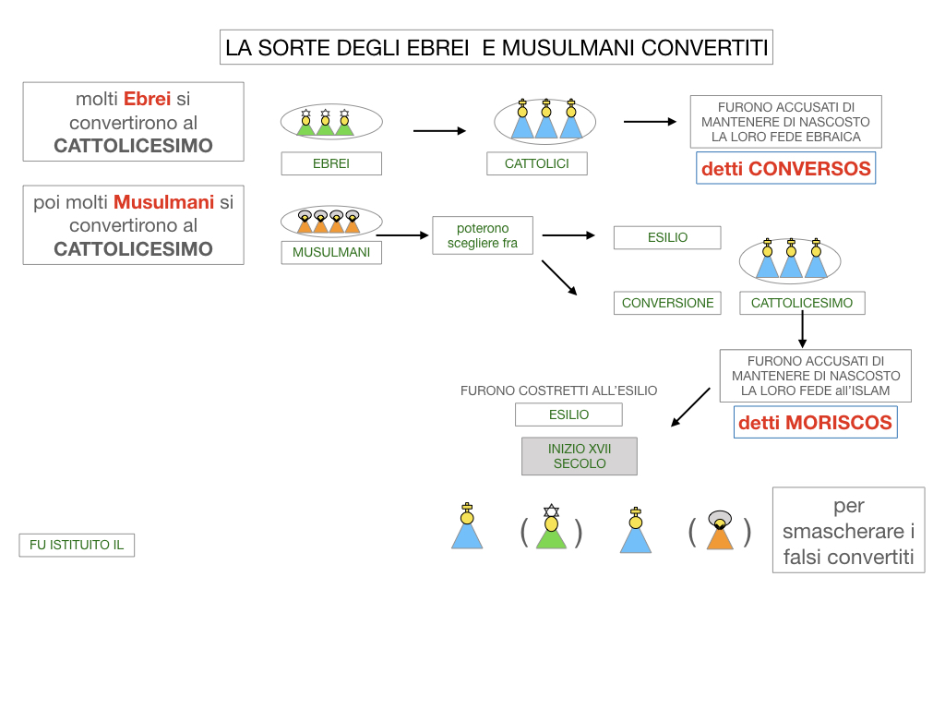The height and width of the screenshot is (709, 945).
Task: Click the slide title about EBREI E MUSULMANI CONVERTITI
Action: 496,48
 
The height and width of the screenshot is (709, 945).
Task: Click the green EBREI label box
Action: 331,164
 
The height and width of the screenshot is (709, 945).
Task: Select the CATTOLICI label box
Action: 537,164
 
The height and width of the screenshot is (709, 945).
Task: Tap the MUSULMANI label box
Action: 331,252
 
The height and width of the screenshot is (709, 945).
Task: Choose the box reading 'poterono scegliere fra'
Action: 483,236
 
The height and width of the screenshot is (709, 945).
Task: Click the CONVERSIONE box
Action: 667,303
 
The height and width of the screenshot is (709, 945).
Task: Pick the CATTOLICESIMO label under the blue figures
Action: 802,303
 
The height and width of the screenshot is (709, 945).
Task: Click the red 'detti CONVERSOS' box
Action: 785,169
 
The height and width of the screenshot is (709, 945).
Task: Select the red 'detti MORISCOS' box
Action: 815,423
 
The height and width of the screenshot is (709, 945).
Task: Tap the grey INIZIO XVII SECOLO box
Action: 580,456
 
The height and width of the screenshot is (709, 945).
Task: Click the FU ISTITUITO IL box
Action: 77,546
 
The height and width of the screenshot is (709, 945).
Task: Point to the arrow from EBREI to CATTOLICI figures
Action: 439,131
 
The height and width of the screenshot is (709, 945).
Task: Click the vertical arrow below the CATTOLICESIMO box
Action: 802,330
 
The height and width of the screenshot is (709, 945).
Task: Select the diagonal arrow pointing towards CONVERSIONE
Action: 559,278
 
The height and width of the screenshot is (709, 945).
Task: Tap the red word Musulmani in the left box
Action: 163,202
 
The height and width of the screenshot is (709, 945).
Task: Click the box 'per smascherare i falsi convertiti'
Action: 848,531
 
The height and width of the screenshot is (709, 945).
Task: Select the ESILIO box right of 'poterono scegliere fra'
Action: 667,237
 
